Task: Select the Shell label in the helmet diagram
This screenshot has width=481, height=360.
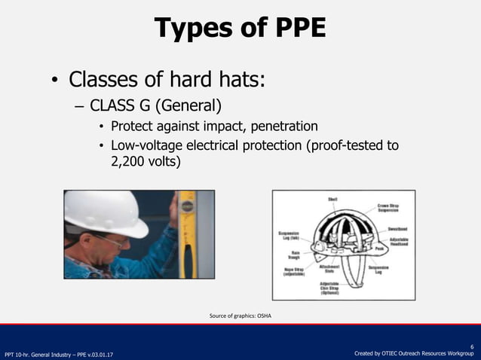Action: pos(332,199)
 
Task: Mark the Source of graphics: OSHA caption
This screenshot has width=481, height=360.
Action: pos(240,316)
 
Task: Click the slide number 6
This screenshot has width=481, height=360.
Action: pos(472,340)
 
